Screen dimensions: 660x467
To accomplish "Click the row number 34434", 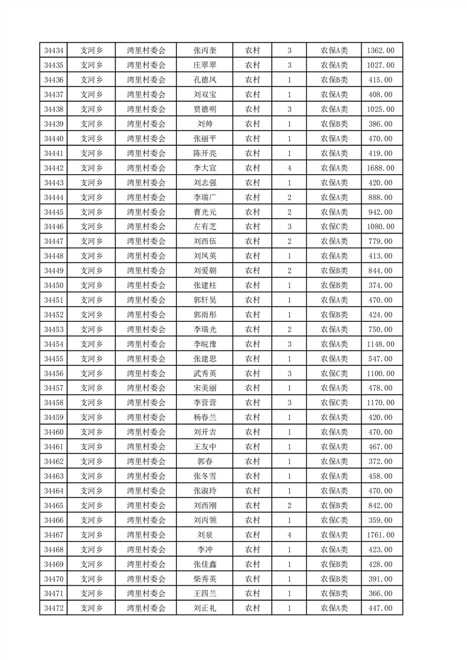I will point(54,51).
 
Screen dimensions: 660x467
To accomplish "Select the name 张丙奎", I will point(204,51).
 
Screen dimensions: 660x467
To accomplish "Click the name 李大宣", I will point(204,168).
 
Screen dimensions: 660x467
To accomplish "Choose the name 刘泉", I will point(204,535).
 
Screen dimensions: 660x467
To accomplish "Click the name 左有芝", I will point(204,226).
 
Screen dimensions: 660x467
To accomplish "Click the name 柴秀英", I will point(204,579).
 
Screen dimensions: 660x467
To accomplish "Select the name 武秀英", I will point(204,374).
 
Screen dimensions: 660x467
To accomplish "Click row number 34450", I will point(54,285).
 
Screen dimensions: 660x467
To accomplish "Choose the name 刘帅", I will point(204,124).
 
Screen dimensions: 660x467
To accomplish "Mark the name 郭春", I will point(204,462).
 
